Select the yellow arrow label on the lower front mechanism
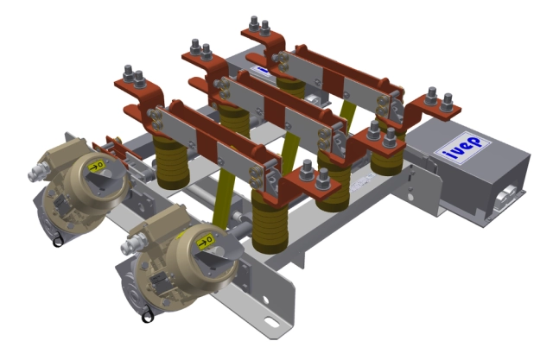[207, 242]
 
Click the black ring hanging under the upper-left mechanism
[58, 242]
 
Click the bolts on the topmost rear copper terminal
[259, 27]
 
